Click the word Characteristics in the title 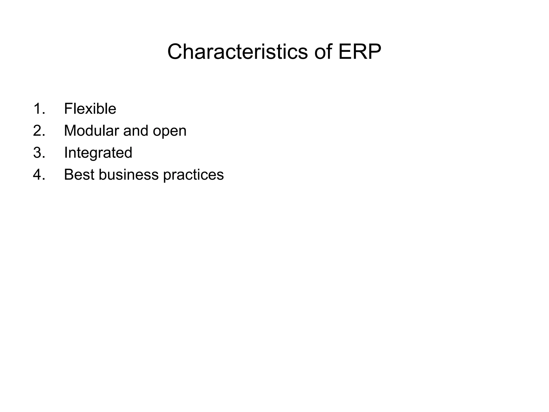[x=238, y=52]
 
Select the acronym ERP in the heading [x=360, y=52]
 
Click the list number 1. [x=39, y=109]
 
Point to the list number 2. [x=39, y=131]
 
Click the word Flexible [x=90, y=109]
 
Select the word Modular [x=91, y=131]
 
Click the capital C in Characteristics [x=176, y=52]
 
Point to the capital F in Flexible [x=68, y=109]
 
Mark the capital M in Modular [x=70, y=131]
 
